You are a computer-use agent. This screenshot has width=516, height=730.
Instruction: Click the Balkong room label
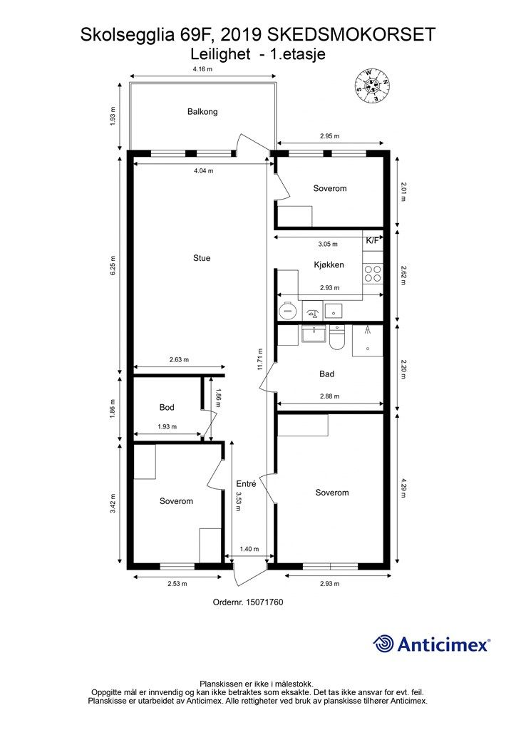[x=202, y=112]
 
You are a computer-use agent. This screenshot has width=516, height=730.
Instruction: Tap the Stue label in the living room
[x=202, y=258]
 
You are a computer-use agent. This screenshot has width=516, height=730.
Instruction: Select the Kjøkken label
[x=329, y=265]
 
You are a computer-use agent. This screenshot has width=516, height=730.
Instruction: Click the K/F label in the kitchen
[x=372, y=241]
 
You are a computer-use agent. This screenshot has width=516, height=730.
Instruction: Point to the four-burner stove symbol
[x=373, y=273]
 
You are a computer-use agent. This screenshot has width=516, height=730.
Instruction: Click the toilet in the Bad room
[x=336, y=338]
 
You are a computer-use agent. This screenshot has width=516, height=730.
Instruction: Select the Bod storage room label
[x=167, y=407]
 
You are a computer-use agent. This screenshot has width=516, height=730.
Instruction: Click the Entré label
[x=246, y=484]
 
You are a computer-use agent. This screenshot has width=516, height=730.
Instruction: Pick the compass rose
[x=372, y=86]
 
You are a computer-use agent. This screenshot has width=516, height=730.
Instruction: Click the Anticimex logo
[x=431, y=644]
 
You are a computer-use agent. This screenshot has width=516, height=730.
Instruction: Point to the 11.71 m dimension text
[x=260, y=359]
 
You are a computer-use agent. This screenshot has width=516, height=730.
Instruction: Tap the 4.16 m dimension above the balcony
[x=202, y=69]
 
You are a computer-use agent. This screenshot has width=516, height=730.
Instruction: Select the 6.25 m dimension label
[x=113, y=266]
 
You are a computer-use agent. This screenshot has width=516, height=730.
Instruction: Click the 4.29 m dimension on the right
[x=403, y=488]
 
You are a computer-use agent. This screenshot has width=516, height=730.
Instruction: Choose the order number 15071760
[x=248, y=602]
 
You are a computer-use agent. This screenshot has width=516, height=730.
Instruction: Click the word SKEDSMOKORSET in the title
[x=351, y=35]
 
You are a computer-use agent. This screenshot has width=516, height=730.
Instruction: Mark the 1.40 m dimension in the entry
[x=249, y=550]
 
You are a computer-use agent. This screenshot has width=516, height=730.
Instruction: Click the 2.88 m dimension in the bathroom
[x=329, y=396]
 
